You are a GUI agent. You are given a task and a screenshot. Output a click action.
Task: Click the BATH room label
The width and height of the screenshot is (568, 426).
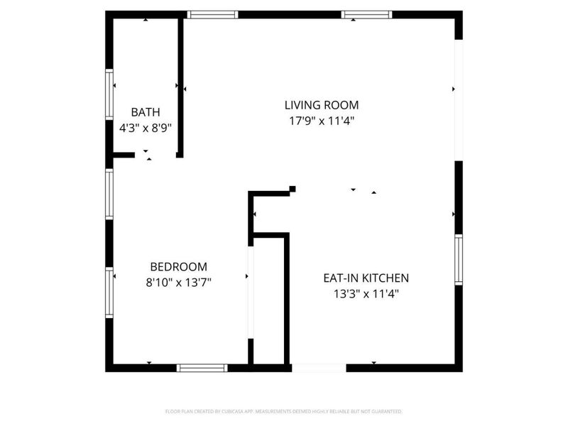coord(146,112)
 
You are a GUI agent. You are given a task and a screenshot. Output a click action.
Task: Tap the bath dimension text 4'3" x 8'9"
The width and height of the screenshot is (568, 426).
coord(146,129)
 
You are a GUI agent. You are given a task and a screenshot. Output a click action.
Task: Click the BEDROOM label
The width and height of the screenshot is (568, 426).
coord(178,267)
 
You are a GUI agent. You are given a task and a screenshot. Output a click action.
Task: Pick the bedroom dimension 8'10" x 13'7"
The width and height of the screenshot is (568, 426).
coord(178,283)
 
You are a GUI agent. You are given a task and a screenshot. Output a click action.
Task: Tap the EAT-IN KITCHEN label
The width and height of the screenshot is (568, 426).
coord(366,278)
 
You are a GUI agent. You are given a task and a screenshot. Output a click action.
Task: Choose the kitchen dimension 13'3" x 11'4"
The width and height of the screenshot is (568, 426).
coord(366,294)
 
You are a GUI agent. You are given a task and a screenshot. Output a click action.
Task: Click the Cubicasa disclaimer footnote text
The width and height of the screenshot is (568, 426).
coord(284,411)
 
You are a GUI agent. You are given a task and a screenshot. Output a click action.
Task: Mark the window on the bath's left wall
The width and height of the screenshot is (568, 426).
coord(109,94)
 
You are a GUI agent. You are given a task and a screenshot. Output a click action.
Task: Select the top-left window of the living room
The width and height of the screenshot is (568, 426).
coord(212,14)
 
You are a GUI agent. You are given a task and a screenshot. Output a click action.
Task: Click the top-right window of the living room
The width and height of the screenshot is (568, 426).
coord(366,14)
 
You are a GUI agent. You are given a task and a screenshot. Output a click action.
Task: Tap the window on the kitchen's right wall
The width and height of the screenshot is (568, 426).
coord(459,260)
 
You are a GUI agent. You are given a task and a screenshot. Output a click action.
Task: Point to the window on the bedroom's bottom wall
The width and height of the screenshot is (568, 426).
coord(202,368)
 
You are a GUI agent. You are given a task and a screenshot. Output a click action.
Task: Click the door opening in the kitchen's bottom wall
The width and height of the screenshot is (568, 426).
coord(319,368)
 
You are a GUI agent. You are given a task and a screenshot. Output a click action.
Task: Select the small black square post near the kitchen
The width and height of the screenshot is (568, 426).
coord(293,189)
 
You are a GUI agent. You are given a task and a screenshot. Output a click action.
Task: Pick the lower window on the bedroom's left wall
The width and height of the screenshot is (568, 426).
coord(109,292)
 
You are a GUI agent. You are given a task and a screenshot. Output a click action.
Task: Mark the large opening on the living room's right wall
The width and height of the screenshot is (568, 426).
coord(459,99)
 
